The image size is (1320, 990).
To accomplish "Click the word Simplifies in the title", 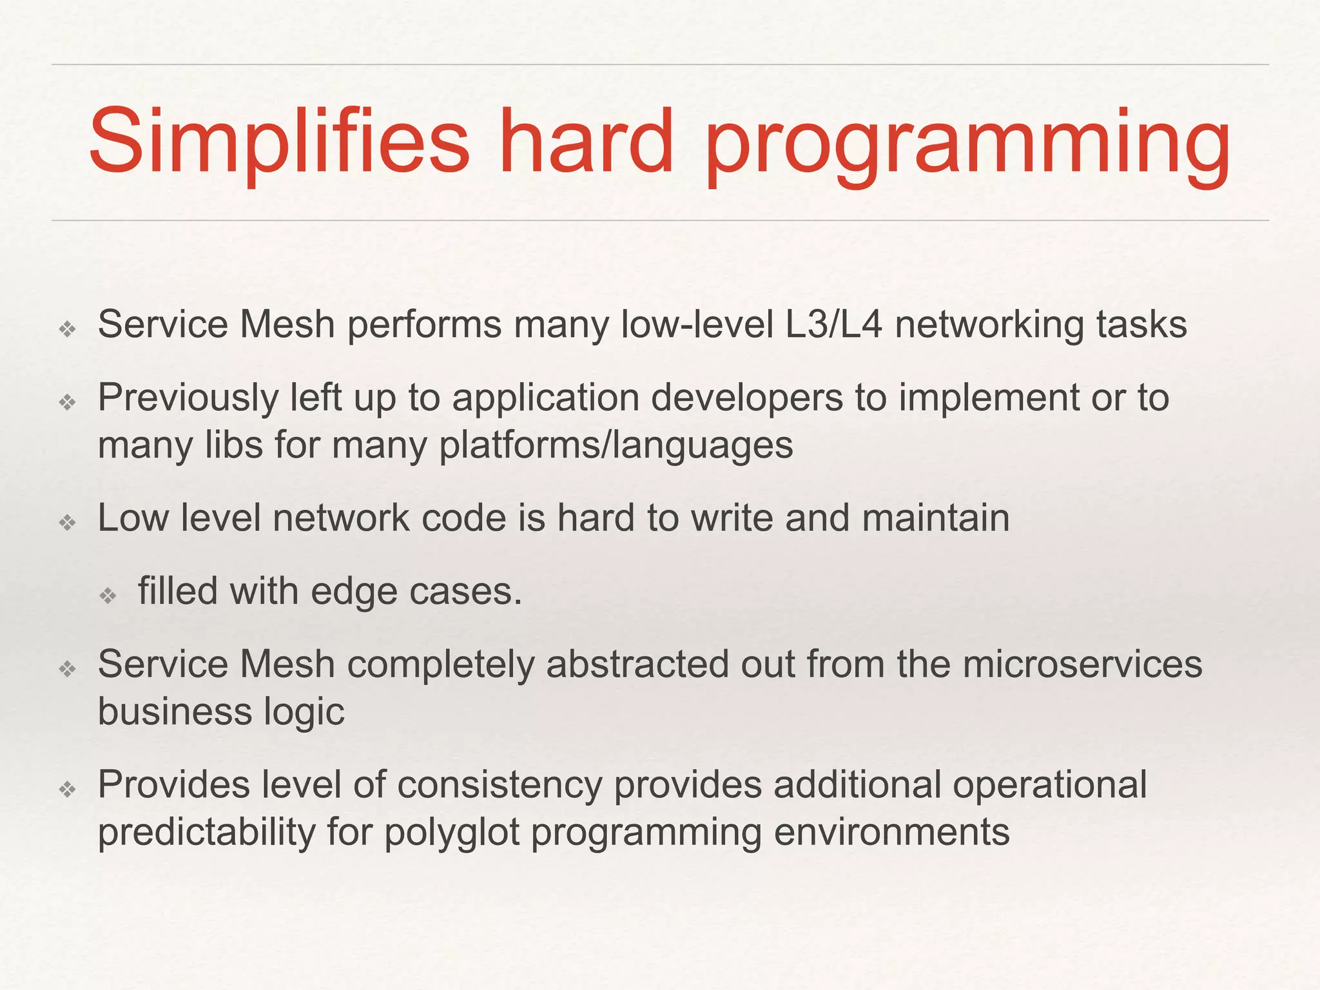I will point(279,142).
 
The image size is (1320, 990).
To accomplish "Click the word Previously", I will point(188,398).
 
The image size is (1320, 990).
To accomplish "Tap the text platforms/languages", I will point(616,445).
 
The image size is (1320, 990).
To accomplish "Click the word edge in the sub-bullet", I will point(354,591).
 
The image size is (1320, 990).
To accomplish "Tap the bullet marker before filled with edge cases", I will point(108,595).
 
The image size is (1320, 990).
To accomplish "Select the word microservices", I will point(1082,664).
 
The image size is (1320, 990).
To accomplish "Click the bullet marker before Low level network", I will point(68,522).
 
